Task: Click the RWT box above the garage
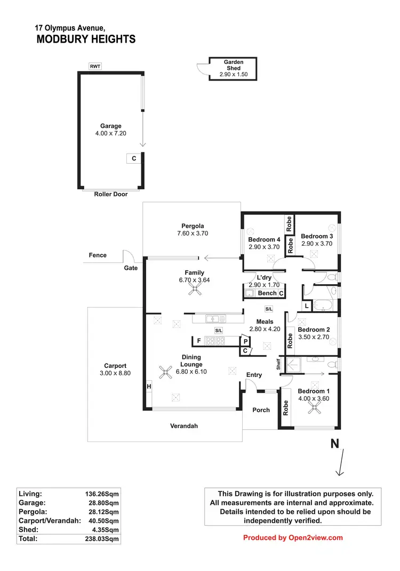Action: (95, 66)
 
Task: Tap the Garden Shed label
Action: (233, 65)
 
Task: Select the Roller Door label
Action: (111, 195)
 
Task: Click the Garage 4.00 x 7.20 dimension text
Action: (111, 133)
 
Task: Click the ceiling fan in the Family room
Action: (197, 289)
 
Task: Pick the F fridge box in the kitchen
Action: (199, 340)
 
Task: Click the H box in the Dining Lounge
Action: (149, 386)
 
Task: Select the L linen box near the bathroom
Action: (307, 305)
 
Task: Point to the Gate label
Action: (131, 268)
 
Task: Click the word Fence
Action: (98, 255)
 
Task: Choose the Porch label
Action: (261, 410)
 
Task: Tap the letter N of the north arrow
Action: (335, 444)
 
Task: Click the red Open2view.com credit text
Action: (293, 537)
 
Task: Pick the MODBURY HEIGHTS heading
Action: (86, 39)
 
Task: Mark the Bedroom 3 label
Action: (317, 236)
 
